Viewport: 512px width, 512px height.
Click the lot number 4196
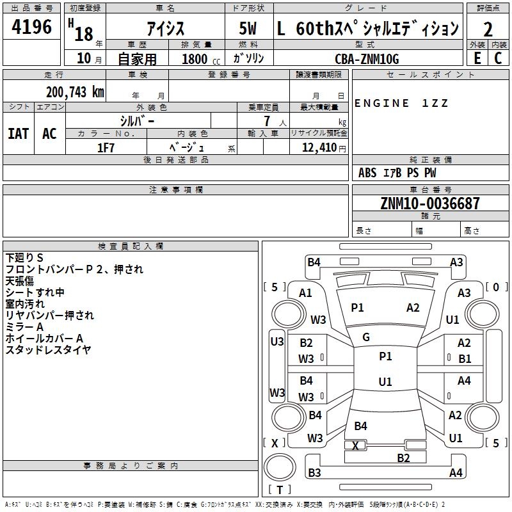pyautogui.click(x=31, y=27)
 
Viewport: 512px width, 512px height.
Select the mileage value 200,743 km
pyautogui.click(x=75, y=92)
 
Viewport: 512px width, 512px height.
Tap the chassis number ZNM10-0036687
pyautogui.click(x=430, y=203)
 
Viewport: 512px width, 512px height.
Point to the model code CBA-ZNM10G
pyautogui.click(x=367, y=59)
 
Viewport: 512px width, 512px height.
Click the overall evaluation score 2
pyautogui.click(x=488, y=29)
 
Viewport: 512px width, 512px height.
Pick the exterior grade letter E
pyautogui.click(x=477, y=58)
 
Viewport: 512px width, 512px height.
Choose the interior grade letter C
pyautogui.click(x=498, y=58)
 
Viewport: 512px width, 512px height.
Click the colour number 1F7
pyautogui.click(x=106, y=148)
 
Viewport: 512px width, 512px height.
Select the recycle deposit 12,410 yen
pyautogui.click(x=324, y=148)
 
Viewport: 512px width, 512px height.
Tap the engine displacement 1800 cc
pyautogui.click(x=201, y=59)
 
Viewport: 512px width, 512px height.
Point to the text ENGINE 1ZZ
pyautogui.click(x=401, y=103)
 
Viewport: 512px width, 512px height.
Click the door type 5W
pyautogui.click(x=248, y=28)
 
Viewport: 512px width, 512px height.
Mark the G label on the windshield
pyautogui.click(x=366, y=337)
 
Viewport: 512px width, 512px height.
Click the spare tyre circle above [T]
pyautogui.click(x=280, y=467)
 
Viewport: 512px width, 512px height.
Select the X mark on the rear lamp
pyautogui.click(x=355, y=445)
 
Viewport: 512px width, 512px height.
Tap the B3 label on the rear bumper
pyautogui.click(x=314, y=472)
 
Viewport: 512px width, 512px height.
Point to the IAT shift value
pyautogui.click(x=19, y=134)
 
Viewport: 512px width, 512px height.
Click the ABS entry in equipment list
pyautogui.click(x=367, y=173)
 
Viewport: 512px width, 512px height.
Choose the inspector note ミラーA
pyautogui.click(x=24, y=327)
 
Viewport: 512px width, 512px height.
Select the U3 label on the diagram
pyautogui.click(x=277, y=342)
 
